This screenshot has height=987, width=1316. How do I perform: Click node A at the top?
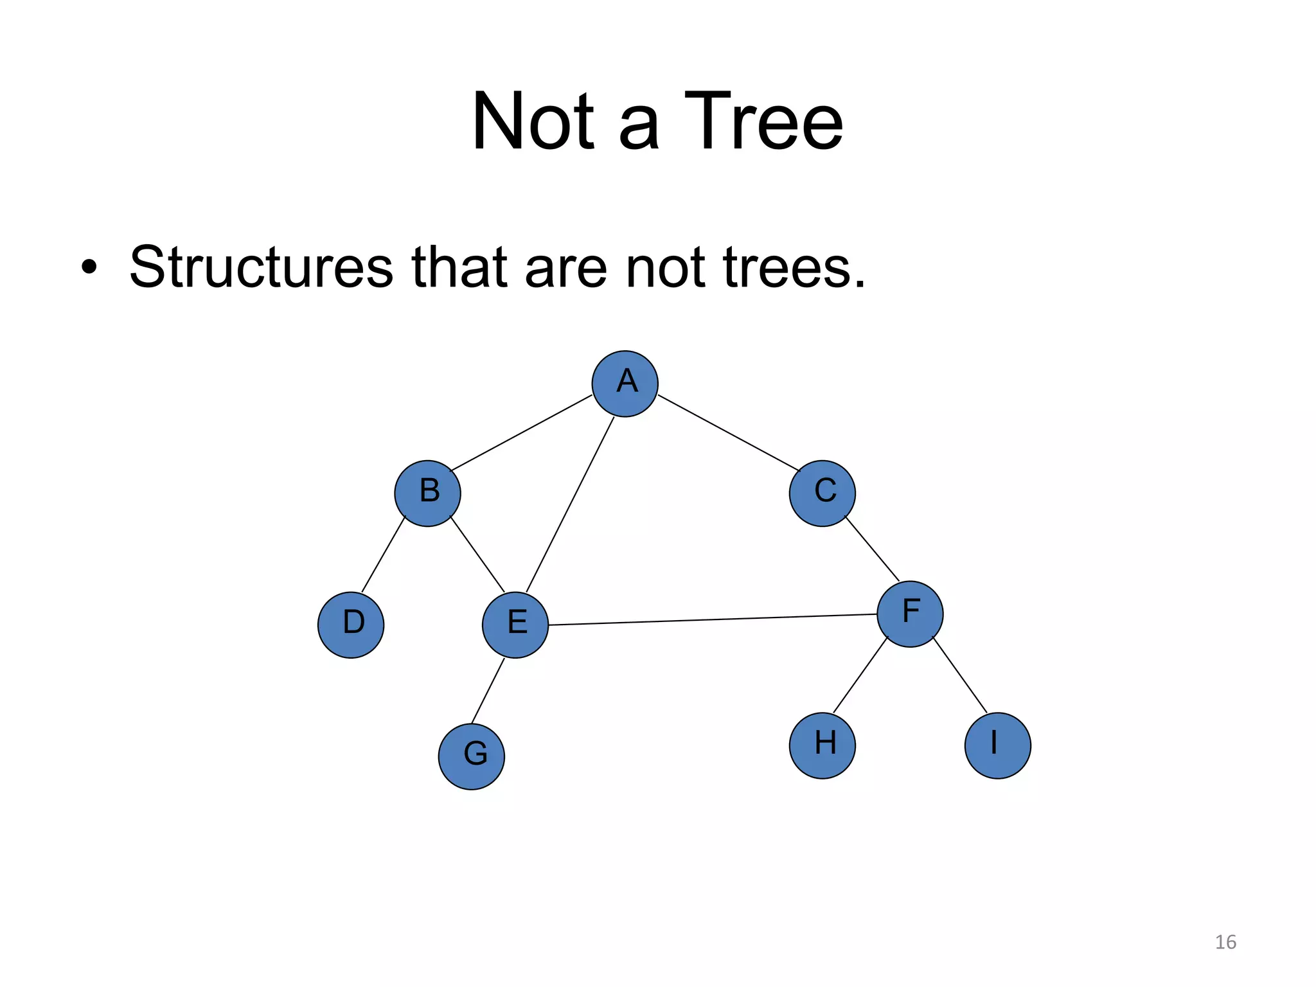[625, 384]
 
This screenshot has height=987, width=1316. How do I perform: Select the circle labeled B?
[427, 493]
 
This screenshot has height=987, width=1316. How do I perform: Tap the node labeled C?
[822, 493]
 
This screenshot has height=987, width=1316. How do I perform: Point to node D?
[351, 625]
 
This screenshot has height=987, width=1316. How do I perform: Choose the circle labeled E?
[515, 625]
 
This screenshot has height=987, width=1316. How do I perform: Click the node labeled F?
[910, 614]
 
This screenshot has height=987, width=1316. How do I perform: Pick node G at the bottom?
[472, 756]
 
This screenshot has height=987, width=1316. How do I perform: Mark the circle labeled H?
[822, 745]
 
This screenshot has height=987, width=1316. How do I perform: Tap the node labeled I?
[997, 745]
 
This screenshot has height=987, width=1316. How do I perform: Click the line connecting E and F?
[713, 619]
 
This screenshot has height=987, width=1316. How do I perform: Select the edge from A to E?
[570, 504]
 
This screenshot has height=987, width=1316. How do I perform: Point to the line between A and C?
[728, 432]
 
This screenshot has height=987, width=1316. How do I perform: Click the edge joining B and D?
[384, 555]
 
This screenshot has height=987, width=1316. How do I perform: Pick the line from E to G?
[488, 691]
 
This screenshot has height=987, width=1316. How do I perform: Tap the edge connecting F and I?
[959, 675]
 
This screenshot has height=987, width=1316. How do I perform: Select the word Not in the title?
[533, 122]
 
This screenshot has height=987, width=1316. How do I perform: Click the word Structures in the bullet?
[261, 267]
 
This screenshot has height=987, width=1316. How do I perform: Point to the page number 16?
[1225, 942]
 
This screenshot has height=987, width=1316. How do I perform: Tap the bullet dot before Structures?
[89, 268]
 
